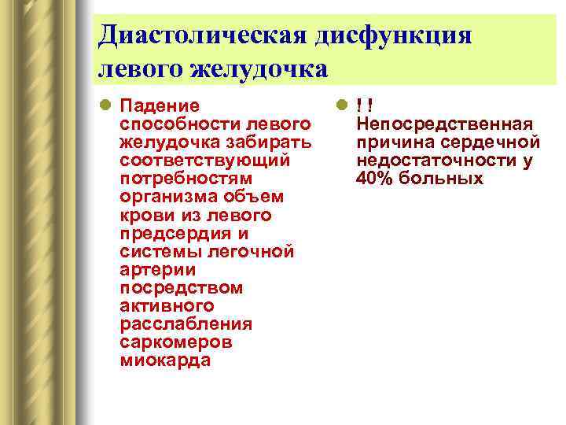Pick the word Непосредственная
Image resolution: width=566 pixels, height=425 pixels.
click(445, 124)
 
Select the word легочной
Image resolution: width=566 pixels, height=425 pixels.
click(250, 251)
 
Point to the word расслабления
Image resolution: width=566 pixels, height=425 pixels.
click(186, 324)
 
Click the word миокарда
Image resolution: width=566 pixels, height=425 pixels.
click(166, 360)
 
